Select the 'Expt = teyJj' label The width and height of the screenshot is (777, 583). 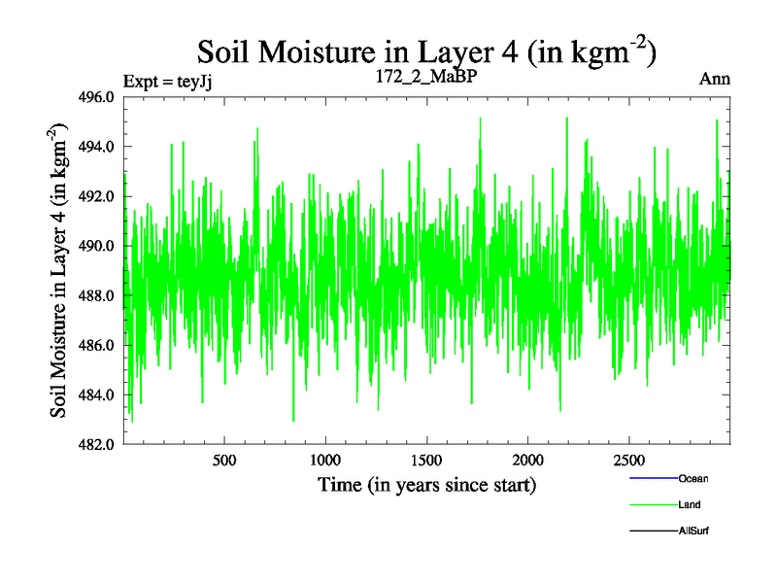167,81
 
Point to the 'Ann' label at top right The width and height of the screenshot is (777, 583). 715,79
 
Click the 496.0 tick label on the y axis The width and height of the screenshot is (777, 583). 96,97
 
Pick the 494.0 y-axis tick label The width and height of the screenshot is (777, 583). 96,147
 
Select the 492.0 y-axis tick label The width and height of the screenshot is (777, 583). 96,196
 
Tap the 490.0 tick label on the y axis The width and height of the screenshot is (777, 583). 96,246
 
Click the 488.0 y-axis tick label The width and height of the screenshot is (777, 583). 96,295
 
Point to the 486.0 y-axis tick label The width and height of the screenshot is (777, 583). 96,345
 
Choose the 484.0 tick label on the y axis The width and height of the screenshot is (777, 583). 96,394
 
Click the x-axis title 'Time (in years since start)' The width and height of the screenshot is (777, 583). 426,484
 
